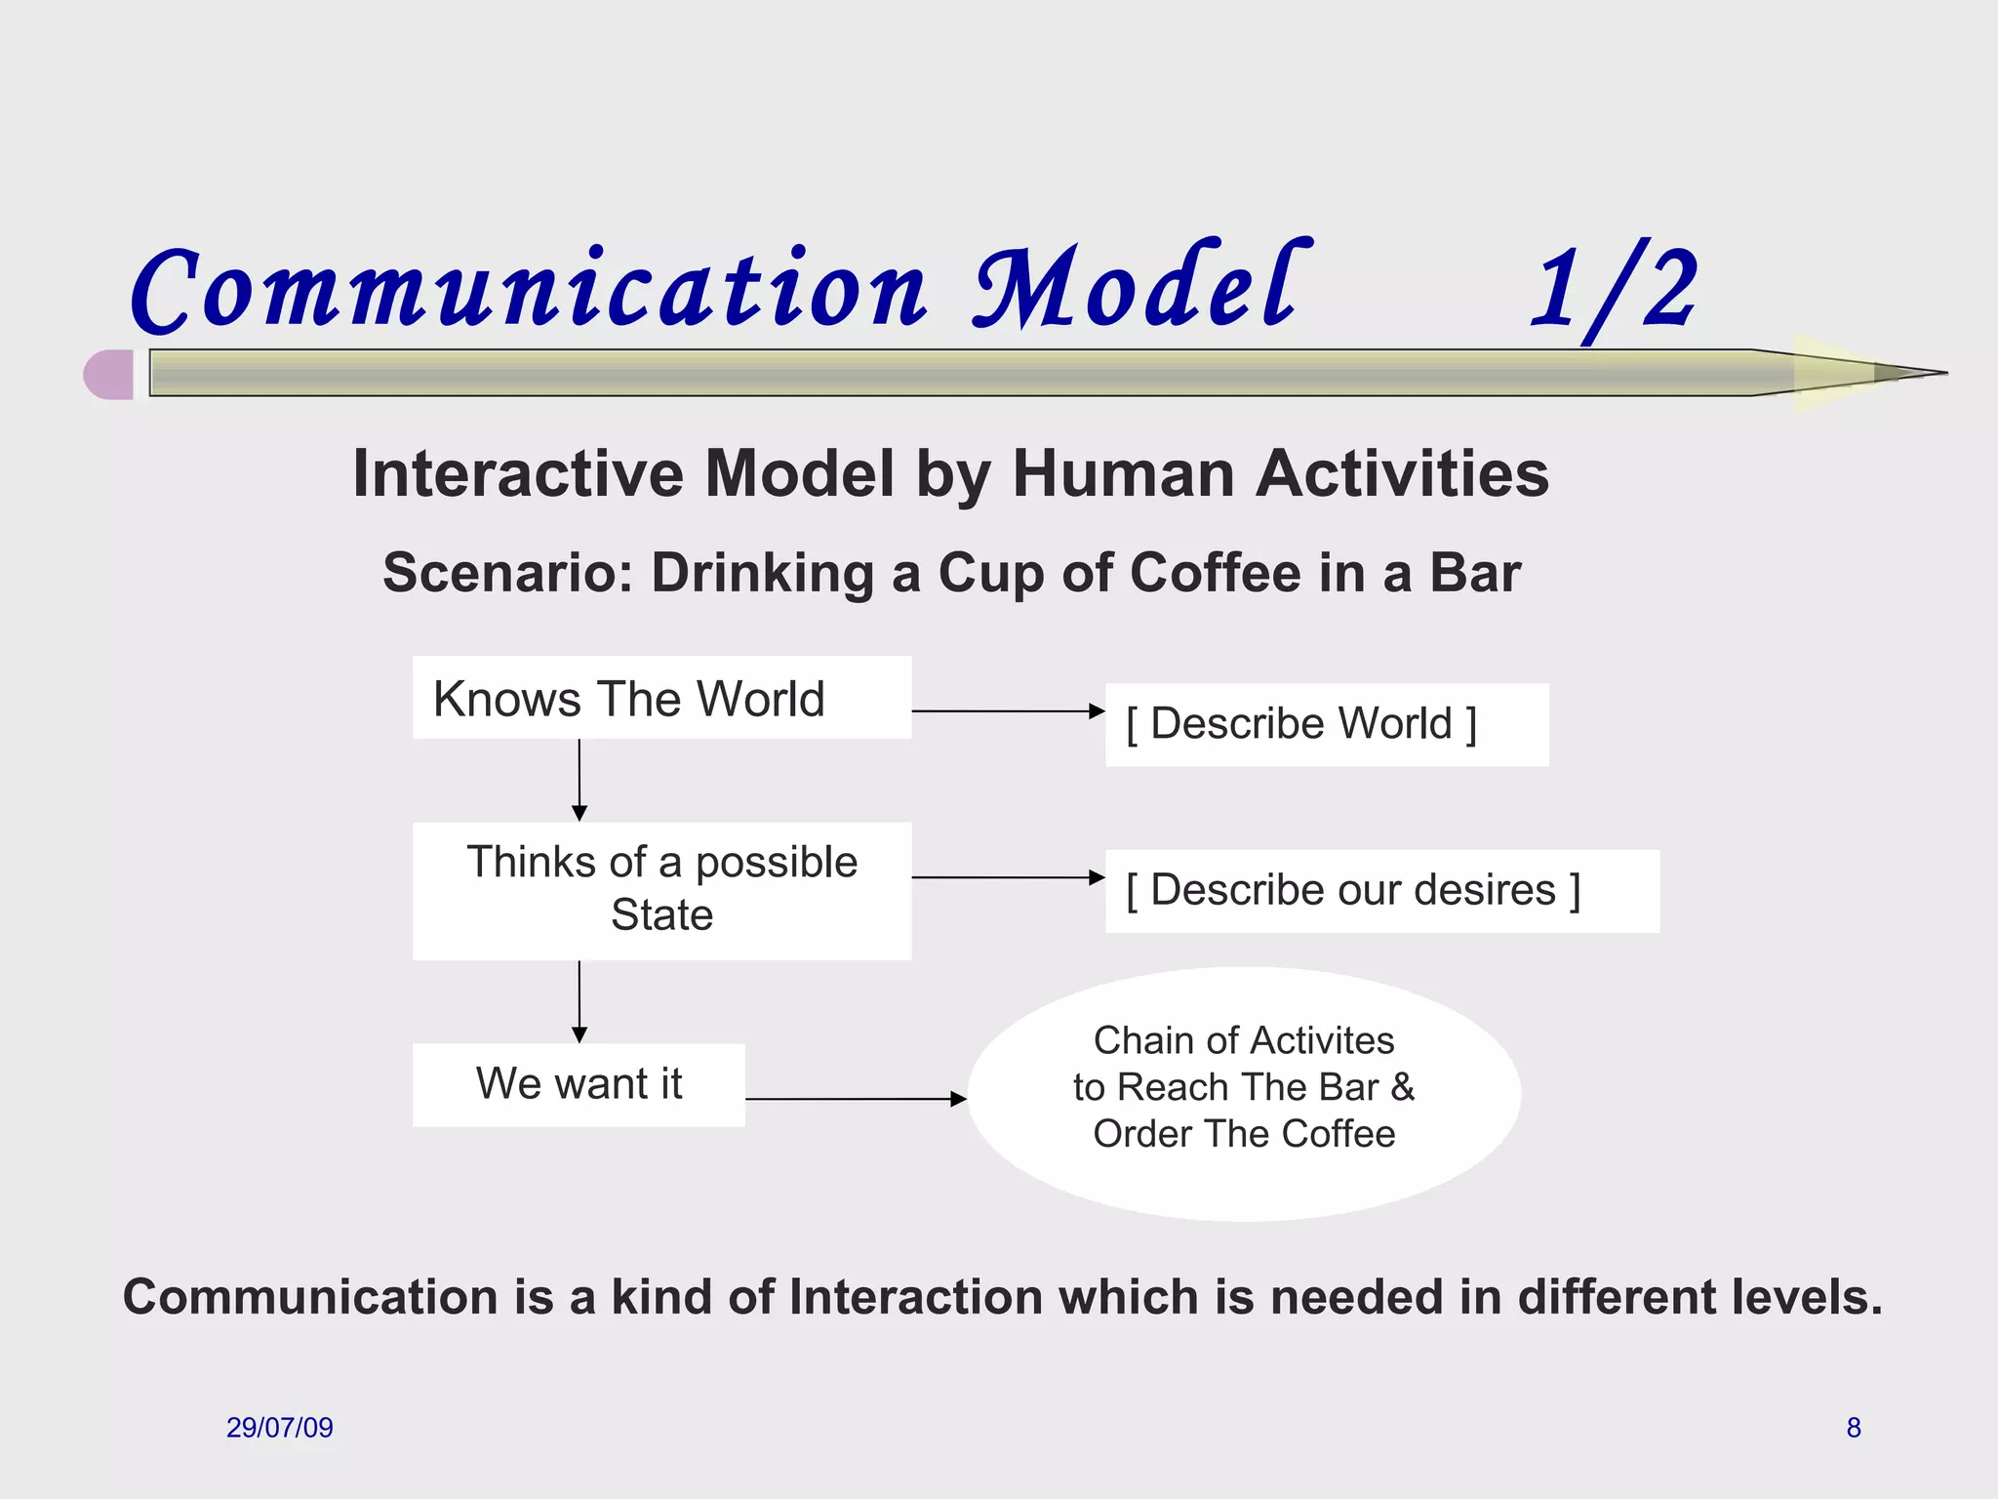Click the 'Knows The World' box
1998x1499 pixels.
point(661,698)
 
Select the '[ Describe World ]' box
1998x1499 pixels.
point(1326,725)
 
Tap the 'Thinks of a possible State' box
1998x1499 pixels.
point(661,890)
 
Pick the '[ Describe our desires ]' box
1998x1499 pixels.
point(1381,891)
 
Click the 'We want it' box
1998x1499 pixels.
point(579,1085)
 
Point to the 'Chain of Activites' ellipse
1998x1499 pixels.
point(1244,1093)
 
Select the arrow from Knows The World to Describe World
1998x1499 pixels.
point(1008,711)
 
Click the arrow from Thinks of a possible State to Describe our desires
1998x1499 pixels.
point(1008,877)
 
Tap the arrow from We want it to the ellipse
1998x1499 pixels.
point(856,1099)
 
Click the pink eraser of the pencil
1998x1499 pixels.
point(109,375)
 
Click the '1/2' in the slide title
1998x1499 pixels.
point(1615,290)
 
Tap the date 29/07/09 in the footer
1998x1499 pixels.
point(280,1428)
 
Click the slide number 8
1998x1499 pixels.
point(1854,1428)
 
